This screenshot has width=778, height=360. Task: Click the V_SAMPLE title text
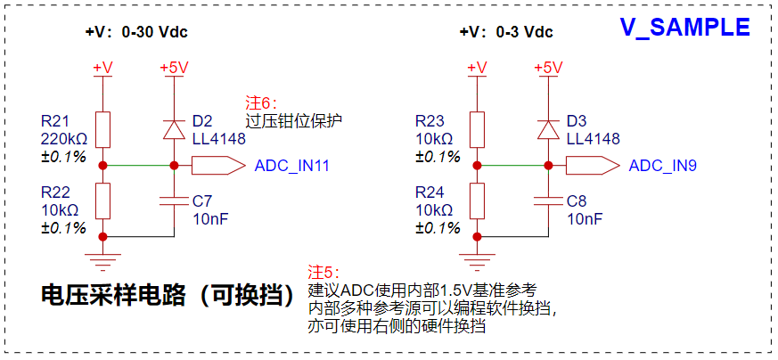(685, 27)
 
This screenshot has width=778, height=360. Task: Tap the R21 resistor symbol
(102, 129)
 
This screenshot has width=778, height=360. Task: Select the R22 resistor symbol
(102, 200)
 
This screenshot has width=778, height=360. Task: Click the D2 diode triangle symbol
(174, 129)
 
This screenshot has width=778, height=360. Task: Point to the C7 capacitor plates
(174, 200)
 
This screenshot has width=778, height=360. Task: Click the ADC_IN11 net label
(291, 166)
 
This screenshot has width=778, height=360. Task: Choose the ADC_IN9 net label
(662, 166)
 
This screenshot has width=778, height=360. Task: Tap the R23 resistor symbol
(478, 129)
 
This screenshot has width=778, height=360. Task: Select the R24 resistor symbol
(478, 200)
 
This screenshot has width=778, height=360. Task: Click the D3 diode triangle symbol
(548, 129)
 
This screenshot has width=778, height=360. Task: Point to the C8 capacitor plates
(548, 200)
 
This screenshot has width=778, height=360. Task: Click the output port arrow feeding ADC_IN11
(219, 165)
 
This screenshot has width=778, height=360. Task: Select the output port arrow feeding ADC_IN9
(593, 165)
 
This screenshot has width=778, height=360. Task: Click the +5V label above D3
(548, 68)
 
